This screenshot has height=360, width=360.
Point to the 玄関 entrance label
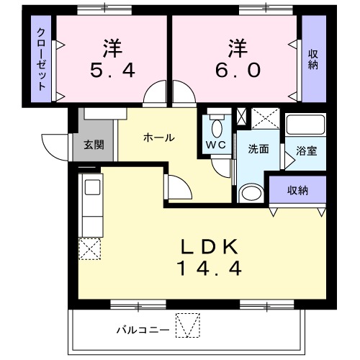pos(94,144)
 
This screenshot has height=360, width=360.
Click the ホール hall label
pos(158,137)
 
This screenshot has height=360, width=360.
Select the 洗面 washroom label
pos(258,150)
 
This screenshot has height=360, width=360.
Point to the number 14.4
pos(209,268)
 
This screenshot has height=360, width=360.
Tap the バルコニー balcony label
pos(143,330)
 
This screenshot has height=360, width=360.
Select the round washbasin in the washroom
pos(250,193)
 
